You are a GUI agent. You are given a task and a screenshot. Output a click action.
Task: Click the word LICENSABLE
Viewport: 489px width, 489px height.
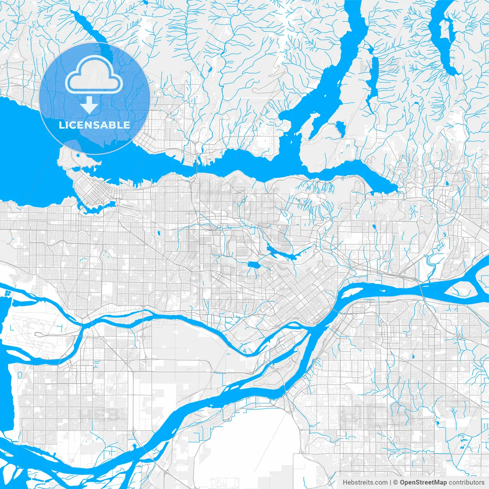point(94,125)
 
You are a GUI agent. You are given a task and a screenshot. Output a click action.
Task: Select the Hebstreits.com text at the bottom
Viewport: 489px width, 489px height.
point(364,483)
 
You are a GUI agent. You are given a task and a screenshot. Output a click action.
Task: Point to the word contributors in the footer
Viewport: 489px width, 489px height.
point(466,483)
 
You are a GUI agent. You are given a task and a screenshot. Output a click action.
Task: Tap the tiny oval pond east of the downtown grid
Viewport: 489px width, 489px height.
point(157,232)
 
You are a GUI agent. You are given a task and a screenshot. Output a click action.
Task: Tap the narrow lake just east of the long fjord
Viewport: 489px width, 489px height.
point(372,76)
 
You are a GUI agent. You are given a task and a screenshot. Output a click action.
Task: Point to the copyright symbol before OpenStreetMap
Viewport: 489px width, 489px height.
point(396,483)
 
